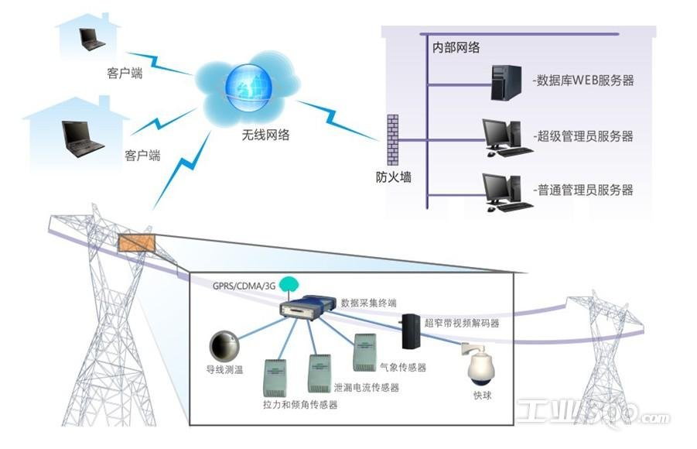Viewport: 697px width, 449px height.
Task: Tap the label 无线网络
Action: coord(265,135)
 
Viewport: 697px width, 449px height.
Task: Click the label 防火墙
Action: coord(393,177)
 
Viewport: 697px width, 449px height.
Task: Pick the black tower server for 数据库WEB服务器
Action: coord(507,82)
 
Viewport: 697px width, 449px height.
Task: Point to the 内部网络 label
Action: coord(456,47)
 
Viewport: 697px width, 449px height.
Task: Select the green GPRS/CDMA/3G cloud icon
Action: coord(289,284)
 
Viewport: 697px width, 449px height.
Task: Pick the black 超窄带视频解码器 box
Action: coord(411,331)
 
